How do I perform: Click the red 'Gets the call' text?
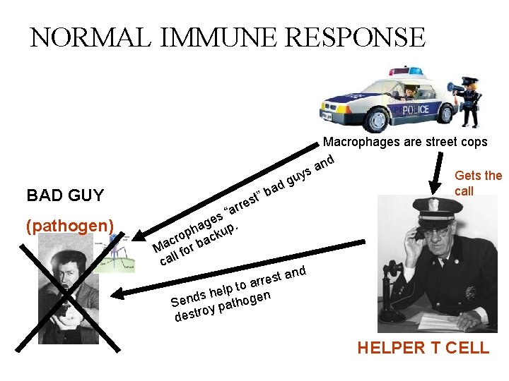click(x=478, y=183)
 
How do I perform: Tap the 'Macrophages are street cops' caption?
click(x=405, y=142)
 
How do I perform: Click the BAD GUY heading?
click(x=64, y=195)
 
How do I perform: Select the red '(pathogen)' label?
click(x=69, y=226)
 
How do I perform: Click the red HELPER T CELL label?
click(x=423, y=347)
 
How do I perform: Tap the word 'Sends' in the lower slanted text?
click(x=188, y=299)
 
